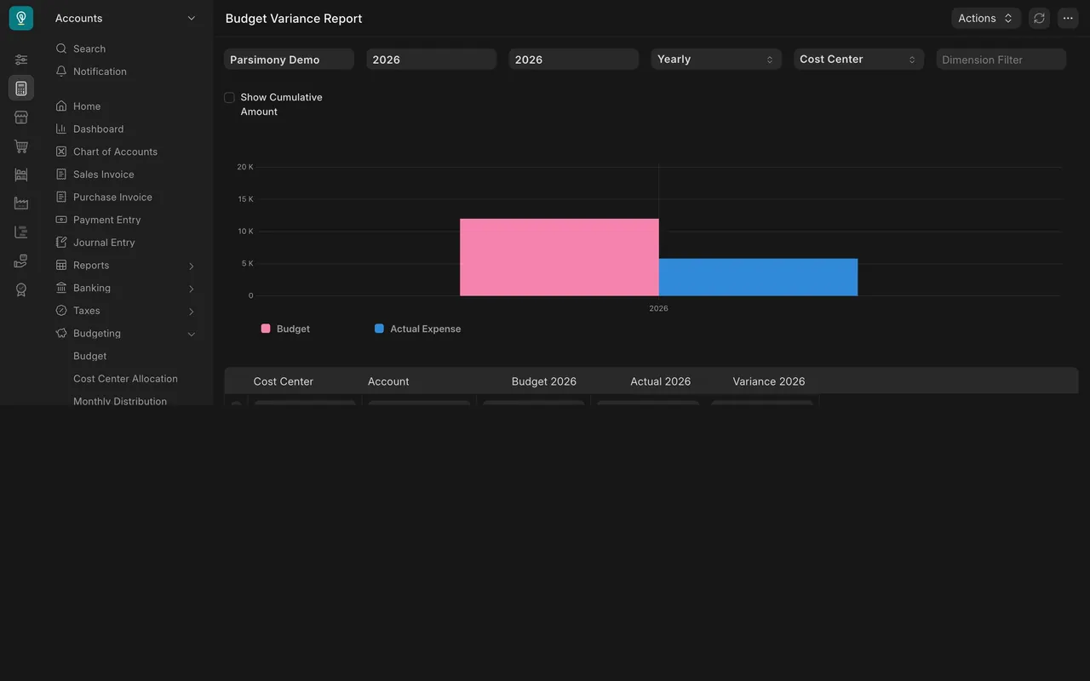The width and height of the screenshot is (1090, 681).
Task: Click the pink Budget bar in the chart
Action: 559,257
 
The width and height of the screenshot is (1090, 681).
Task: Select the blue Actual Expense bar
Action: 758,277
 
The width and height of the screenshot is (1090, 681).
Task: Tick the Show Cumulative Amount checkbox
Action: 229,97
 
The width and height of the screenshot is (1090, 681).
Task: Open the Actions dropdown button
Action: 985,19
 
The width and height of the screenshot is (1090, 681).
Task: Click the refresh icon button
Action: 1039,19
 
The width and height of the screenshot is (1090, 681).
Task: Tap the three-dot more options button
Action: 1068,19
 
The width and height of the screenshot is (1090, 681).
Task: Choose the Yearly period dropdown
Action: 716,60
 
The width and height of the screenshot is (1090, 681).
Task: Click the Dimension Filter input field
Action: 1001,60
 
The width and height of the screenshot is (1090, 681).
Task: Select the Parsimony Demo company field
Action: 289,60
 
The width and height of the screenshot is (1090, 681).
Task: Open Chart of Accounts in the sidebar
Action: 115,152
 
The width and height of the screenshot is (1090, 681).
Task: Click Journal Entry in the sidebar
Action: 104,243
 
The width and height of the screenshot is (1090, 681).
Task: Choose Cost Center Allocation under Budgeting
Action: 125,379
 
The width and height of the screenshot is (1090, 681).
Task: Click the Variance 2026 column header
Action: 768,381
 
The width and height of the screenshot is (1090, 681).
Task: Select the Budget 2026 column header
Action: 543,381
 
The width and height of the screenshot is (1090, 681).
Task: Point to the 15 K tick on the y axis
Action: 245,199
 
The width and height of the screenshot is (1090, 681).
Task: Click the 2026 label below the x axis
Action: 658,308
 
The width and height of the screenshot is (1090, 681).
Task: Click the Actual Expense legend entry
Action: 417,329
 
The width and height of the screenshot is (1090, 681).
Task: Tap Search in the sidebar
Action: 89,49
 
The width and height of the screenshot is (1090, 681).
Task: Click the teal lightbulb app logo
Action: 21,18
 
